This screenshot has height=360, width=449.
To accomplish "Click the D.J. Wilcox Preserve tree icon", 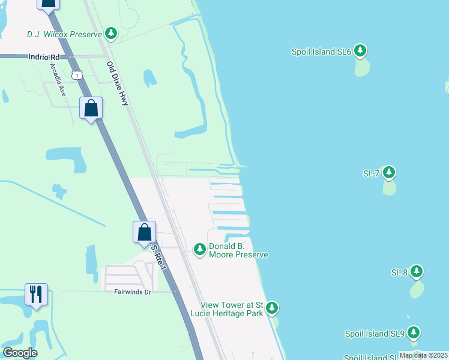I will point(111,34).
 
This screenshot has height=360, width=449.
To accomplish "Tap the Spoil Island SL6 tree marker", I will point(360,51).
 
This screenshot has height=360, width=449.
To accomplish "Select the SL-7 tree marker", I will point(389,173).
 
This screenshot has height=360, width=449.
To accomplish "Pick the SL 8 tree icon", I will point(417,272).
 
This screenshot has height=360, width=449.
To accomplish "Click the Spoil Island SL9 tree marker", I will point(413,333).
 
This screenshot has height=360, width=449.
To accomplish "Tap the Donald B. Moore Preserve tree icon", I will point(200,248).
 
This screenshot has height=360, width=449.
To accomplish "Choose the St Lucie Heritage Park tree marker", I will point(273,308).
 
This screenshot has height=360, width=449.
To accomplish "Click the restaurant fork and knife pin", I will point(36,294).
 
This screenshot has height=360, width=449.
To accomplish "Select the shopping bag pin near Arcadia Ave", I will point(91,109).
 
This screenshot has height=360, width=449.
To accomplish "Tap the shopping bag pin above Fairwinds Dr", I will point(144,232).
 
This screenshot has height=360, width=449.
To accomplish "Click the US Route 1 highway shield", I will point(76,74).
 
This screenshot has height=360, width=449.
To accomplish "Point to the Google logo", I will point(20,352).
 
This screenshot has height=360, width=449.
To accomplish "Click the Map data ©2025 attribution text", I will point(423,355).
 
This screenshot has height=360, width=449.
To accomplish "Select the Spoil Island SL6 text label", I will point(321,52).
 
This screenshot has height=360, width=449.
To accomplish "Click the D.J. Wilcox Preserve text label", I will point(64,34).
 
